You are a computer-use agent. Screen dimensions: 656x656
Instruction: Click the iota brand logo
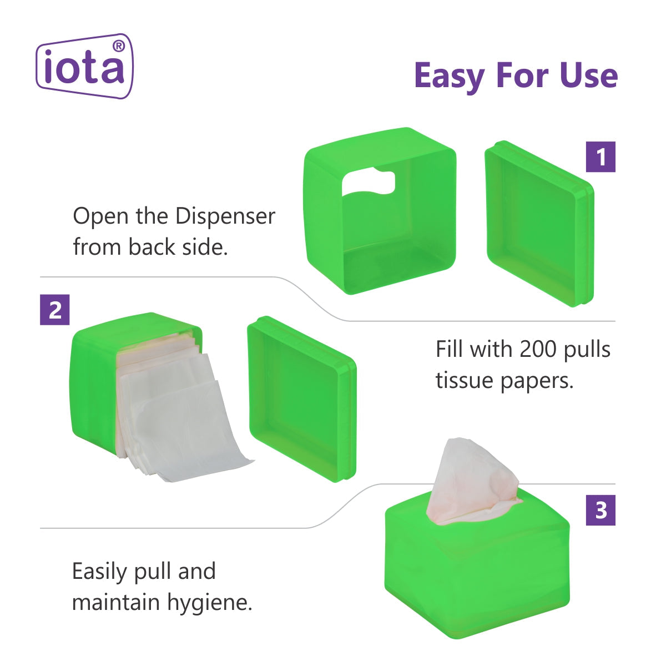click(x=84, y=66)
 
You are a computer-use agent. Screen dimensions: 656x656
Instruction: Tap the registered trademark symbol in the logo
click(x=119, y=46)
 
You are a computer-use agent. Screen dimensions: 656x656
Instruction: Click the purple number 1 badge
click(x=601, y=157)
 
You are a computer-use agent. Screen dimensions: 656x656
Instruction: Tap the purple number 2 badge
click(x=55, y=310)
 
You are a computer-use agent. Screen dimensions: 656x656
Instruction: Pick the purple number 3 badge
click(x=601, y=510)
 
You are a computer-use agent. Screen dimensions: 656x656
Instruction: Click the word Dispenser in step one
click(x=225, y=216)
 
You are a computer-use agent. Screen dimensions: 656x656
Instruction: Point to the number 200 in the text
click(x=537, y=349)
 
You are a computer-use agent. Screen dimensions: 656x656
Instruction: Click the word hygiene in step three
click(x=210, y=603)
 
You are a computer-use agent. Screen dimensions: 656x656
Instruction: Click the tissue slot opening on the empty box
click(x=369, y=183)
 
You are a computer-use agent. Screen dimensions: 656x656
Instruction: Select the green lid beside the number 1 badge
click(x=539, y=224)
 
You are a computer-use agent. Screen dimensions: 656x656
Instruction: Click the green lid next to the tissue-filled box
click(x=302, y=399)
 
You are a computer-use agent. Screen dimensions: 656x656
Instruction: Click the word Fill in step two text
click(x=447, y=349)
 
